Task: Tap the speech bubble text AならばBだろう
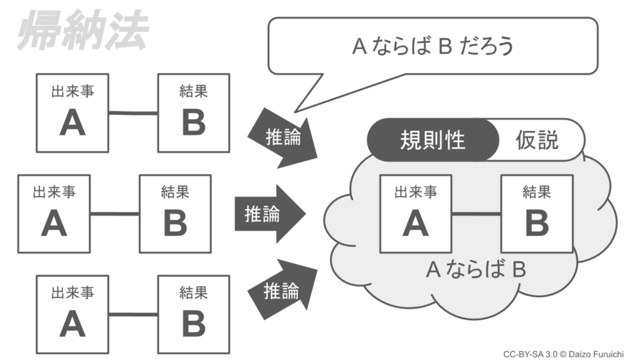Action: pyautogui.click(x=432, y=46)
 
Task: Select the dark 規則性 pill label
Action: pyautogui.click(x=432, y=140)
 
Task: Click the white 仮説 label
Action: pyautogui.click(x=537, y=140)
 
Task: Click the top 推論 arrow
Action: pyautogui.click(x=281, y=137)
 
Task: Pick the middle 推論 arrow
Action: pyautogui.click(x=267, y=214)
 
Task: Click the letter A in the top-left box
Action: pyautogui.click(x=72, y=123)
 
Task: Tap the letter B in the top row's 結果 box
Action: pyautogui.click(x=193, y=123)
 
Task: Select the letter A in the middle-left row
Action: pyautogui.click(x=54, y=224)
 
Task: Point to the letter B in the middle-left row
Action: pyautogui.click(x=175, y=224)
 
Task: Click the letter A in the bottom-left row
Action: pyautogui.click(x=72, y=324)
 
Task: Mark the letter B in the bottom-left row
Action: pyautogui.click(x=193, y=324)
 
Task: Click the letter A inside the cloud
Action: pyautogui.click(x=415, y=223)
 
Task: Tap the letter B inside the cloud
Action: pyautogui.click(x=536, y=223)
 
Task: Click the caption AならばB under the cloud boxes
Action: pyautogui.click(x=476, y=270)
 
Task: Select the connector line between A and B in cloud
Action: pyautogui.click(x=476, y=214)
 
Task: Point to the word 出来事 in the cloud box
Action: pyautogui.click(x=416, y=192)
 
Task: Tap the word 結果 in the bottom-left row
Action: pyautogui.click(x=193, y=293)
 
